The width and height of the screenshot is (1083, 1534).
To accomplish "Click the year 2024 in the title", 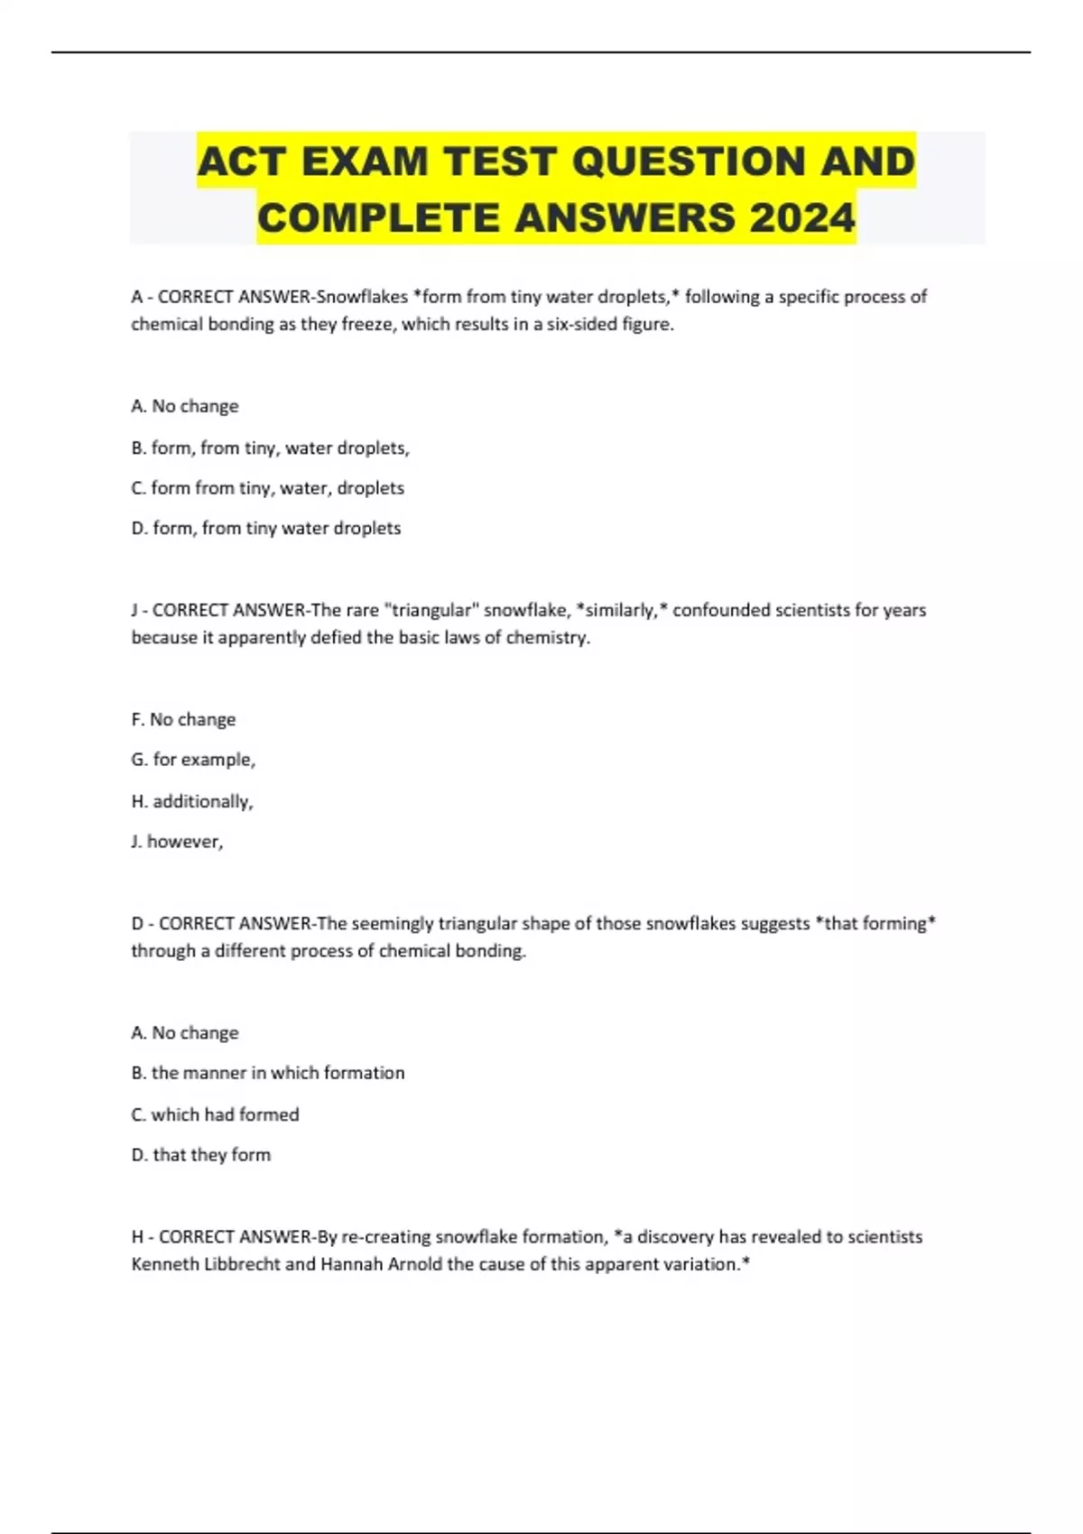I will (x=801, y=217).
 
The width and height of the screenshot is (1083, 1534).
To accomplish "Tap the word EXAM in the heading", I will (x=365, y=162).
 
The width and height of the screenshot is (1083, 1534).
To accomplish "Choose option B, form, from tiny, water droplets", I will (x=270, y=448).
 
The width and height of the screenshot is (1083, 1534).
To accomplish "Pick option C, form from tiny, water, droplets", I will (x=267, y=488).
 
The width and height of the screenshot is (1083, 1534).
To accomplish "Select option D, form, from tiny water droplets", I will (x=265, y=528).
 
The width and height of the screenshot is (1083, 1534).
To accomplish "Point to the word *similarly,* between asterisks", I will (x=622, y=610).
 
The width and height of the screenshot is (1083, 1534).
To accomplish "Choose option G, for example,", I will (x=193, y=760).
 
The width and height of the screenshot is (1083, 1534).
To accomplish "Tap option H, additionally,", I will (x=192, y=801).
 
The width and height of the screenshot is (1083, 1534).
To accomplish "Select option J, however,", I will (x=177, y=842).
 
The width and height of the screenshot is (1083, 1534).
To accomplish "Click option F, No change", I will (x=183, y=719).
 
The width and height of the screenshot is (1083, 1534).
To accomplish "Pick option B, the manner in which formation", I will (x=267, y=1073).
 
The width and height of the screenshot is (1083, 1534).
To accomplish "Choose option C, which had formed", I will (x=215, y=1114).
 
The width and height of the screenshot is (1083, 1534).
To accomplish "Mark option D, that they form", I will (x=200, y=1155).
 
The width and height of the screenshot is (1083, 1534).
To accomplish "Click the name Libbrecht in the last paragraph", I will (x=242, y=1264).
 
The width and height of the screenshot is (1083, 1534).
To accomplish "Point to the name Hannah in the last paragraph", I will (x=352, y=1264).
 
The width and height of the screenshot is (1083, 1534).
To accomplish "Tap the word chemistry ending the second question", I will (x=547, y=638).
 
